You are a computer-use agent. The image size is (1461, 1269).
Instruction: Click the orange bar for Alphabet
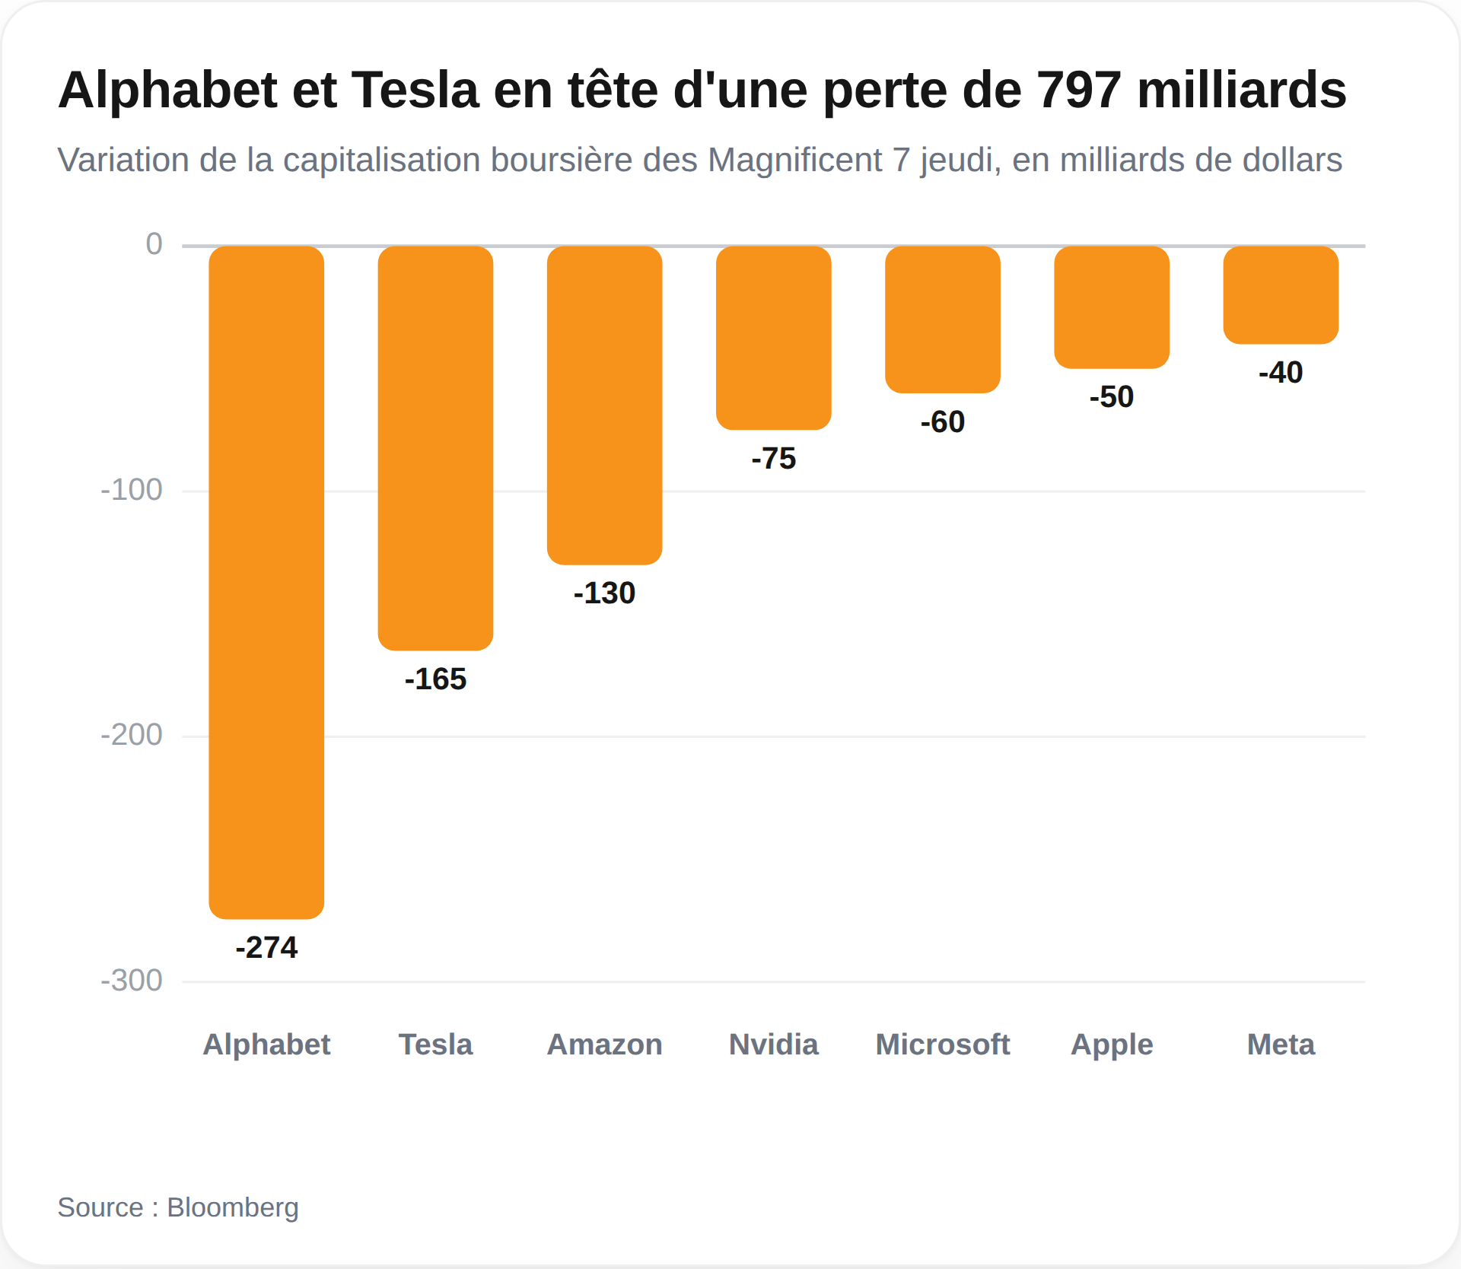266,582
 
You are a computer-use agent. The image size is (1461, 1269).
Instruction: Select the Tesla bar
435,448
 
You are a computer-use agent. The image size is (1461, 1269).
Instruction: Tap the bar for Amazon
604,405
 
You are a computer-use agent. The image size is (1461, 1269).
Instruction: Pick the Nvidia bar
773,338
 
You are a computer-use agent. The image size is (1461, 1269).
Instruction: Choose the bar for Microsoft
942,320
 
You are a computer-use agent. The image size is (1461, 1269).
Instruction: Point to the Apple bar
1111,307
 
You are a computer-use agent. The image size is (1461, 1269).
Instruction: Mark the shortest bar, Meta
1281,295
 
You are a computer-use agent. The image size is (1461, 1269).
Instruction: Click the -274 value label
266,948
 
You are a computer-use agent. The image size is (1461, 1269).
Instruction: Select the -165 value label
435,679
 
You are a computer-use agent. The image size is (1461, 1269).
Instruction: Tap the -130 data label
604,593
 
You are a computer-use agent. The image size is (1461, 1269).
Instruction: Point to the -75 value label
773,459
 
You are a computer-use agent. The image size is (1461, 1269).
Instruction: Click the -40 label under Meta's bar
1281,373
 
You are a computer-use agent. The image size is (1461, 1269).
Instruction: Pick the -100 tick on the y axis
132,490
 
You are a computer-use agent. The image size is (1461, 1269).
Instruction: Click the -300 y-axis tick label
132,981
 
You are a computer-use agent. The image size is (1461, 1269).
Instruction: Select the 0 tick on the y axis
154,244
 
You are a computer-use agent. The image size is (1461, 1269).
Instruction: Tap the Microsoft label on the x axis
942,1045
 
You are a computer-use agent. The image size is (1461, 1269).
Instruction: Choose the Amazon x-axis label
604,1045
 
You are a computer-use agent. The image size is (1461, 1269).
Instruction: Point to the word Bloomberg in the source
233,1208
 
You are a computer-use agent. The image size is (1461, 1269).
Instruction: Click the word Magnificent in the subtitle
795,161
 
